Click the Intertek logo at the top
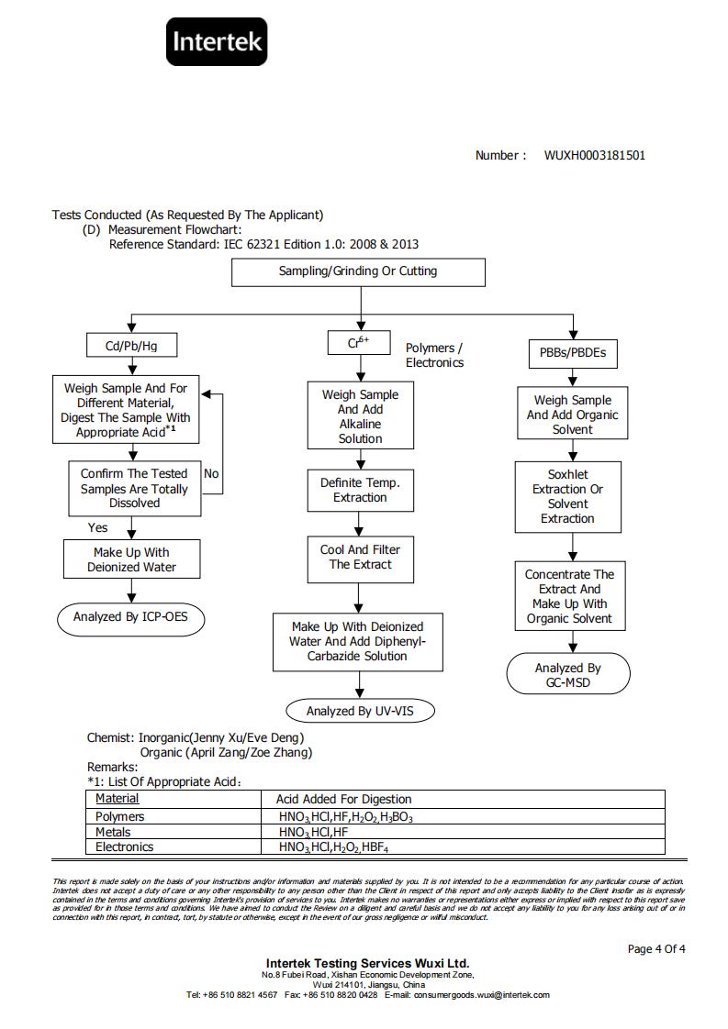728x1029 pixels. (x=216, y=41)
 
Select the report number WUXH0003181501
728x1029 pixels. (x=595, y=156)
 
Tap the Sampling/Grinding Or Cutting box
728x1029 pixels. (x=358, y=271)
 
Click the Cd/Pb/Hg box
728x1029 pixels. (x=131, y=345)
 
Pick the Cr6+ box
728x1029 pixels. (x=359, y=343)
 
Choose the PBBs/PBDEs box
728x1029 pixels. (x=573, y=353)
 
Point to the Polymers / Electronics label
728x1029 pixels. (x=434, y=355)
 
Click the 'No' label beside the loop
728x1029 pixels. (x=211, y=473)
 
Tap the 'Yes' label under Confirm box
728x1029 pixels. (x=97, y=527)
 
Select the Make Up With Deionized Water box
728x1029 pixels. (x=131, y=559)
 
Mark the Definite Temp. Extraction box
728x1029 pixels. (x=360, y=491)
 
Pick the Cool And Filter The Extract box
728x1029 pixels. (x=360, y=559)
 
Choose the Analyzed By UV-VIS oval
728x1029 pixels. (x=360, y=711)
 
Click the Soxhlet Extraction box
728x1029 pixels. (x=567, y=497)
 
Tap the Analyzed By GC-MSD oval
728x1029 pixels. (x=567, y=673)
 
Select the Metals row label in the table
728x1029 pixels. (x=113, y=832)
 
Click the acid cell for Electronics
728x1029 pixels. (x=334, y=847)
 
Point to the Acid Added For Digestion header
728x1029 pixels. (x=343, y=799)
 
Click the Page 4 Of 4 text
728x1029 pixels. (x=656, y=949)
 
